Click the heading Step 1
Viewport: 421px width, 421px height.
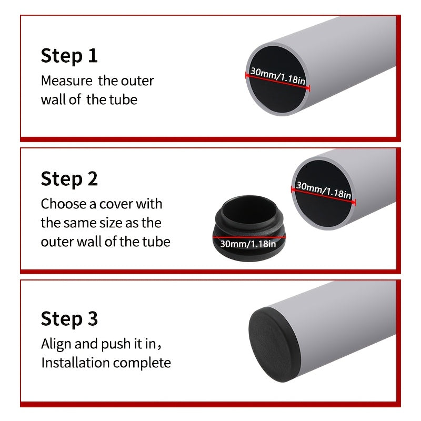coord(69,56)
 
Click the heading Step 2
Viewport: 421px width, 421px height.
coord(69,179)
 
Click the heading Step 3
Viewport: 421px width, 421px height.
coord(69,319)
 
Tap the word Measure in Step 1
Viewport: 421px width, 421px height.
coord(67,81)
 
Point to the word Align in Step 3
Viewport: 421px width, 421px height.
coord(56,345)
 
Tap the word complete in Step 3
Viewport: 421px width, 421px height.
coord(142,364)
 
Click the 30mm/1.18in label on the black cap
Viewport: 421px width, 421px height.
coord(248,244)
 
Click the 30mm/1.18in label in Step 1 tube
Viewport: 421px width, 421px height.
coord(278,75)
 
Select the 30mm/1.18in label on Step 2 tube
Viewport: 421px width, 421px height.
coord(324,189)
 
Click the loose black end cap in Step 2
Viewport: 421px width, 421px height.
coord(249,228)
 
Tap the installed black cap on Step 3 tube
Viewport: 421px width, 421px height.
coord(274,345)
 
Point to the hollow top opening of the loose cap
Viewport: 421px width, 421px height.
coord(249,209)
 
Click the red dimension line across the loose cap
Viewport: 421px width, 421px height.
coord(249,237)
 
